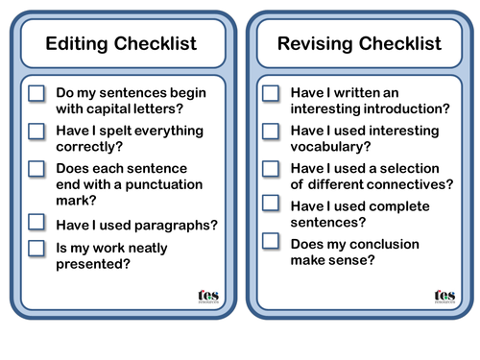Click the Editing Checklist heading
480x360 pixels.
pos(121,44)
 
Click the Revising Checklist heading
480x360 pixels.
pos(359,44)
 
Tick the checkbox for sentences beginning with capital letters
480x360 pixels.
pos(36,94)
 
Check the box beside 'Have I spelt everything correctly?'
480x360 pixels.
pos(36,131)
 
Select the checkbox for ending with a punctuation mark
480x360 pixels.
pos(36,168)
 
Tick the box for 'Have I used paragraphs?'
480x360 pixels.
pos(36,222)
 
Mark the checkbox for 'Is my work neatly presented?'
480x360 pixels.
pos(36,248)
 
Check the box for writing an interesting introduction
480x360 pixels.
pos(272,93)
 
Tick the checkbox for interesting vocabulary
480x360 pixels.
pos(272,131)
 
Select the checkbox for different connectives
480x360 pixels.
pos(272,168)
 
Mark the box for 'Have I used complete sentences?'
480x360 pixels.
pos(272,204)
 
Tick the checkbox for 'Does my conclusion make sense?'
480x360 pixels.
pos(272,242)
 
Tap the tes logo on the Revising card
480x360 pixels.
pos(443,297)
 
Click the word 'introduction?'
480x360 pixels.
pos(402,111)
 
